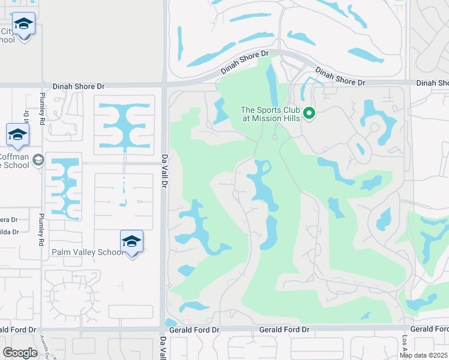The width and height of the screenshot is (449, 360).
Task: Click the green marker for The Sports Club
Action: [309, 113]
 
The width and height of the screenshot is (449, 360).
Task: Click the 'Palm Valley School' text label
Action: [87, 253]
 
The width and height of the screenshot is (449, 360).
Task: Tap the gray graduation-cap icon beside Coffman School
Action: [38, 160]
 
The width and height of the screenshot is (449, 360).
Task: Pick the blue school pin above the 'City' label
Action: [23, 26]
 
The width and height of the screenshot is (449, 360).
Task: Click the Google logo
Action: [20, 352]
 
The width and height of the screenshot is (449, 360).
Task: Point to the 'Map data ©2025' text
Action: [424, 355]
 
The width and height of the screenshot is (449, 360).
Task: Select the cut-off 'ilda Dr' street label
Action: [10, 232]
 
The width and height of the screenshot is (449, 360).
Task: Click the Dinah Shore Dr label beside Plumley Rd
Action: [74, 86]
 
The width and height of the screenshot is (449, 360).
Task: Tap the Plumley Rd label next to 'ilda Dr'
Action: [41, 230]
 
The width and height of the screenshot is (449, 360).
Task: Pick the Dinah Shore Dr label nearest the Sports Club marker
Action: [340, 76]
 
